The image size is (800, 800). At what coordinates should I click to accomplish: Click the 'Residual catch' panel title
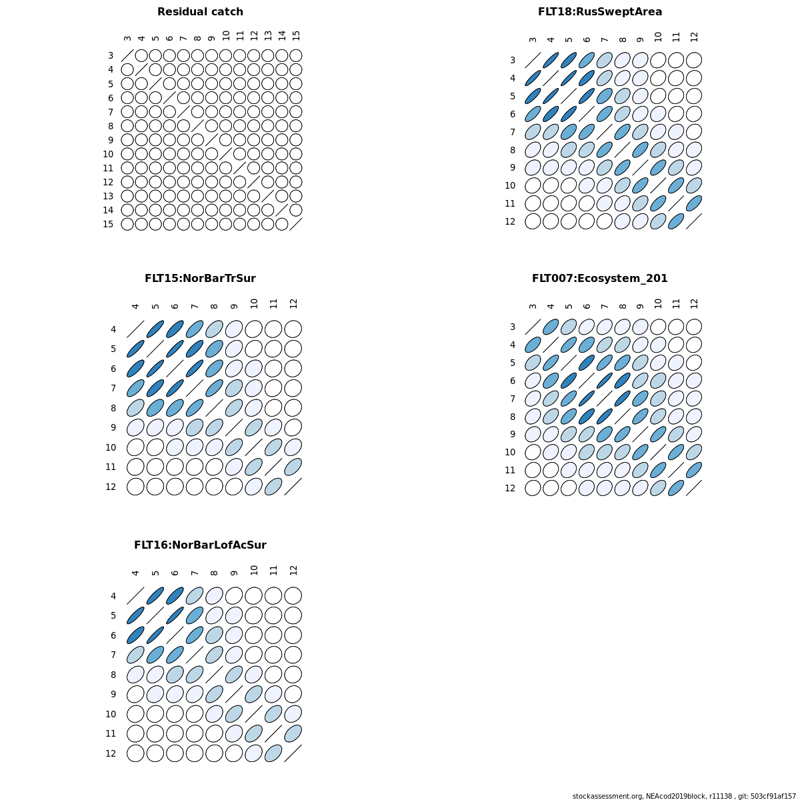pos(200,12)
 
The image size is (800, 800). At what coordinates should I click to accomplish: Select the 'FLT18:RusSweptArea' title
pos(600,12)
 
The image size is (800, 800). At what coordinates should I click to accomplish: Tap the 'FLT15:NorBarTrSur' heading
pos(200,279)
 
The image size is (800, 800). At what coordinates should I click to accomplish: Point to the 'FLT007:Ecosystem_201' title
pos(600,279)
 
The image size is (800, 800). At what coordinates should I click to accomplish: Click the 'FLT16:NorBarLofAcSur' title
pos(200,545)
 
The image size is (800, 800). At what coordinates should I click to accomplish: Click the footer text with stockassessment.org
pos(684,796)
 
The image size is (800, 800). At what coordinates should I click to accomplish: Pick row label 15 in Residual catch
pos(108,224)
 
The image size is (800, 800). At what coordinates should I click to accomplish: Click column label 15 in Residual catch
pos(296,35)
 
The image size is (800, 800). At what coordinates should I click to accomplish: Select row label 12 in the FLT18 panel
pos(510,221)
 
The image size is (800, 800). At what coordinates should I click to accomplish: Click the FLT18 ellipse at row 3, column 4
pos(551,60)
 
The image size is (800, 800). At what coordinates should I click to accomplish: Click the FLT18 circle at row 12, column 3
pos(533,221)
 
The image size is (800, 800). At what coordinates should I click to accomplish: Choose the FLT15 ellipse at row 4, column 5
pos(155,329)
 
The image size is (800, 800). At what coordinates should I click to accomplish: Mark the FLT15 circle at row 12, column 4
pos(135,487)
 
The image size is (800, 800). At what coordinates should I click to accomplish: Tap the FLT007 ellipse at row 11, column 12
pos(694,470)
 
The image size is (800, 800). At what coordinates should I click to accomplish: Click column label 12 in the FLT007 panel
pos(695,303)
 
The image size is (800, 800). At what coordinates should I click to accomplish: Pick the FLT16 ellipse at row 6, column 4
pos(135,635)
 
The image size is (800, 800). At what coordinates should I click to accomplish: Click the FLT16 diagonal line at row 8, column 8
pos(214,675)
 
